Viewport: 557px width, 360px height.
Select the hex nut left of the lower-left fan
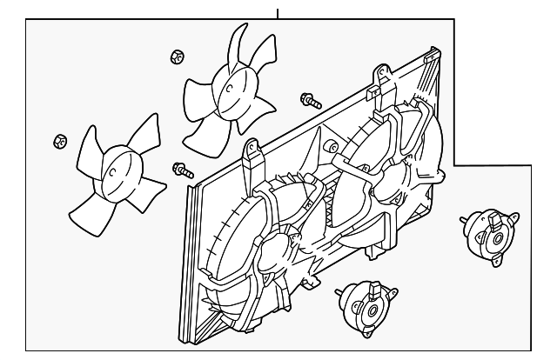pos(60,140)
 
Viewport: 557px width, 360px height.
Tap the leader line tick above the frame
pos(278,13)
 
